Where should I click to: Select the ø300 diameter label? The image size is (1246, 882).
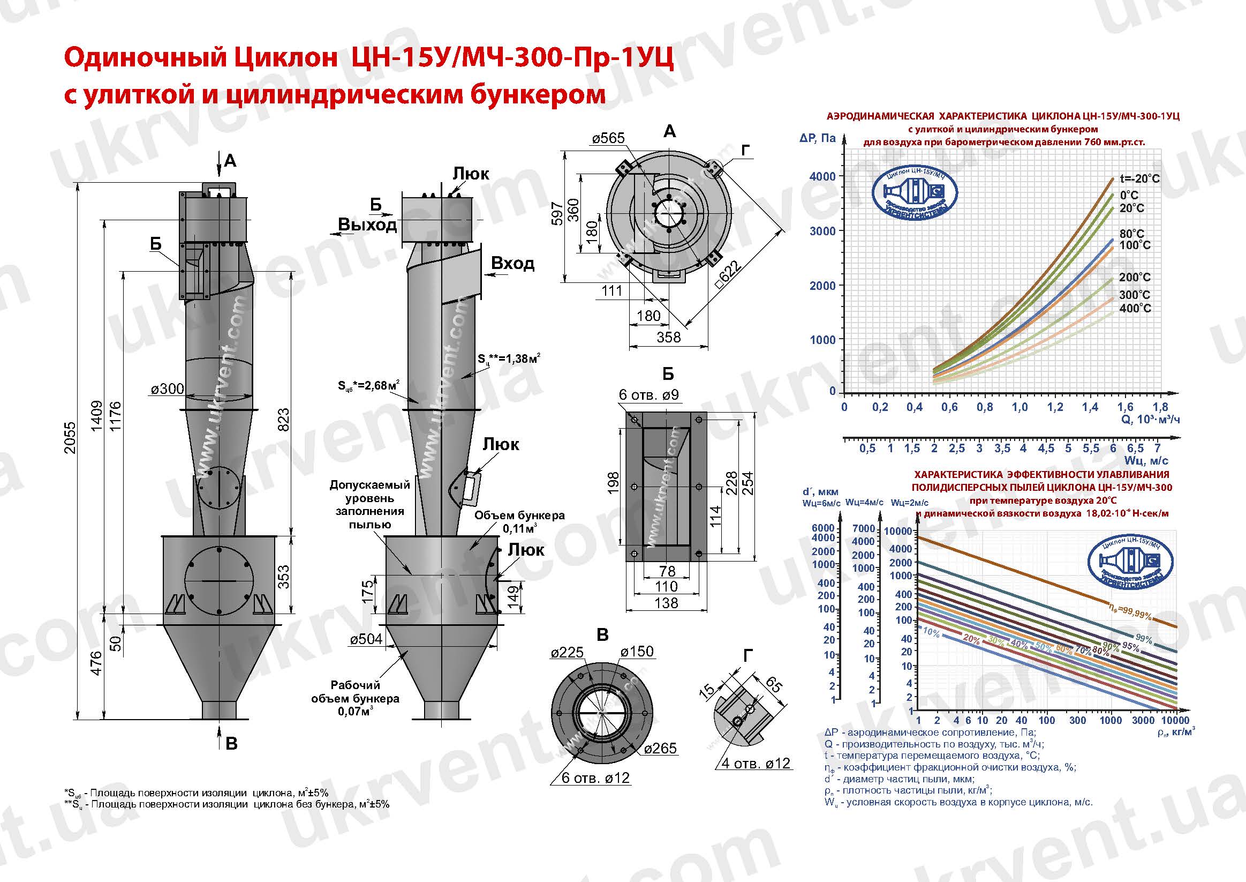click(168, 389)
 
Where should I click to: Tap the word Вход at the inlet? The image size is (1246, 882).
click(512, 264)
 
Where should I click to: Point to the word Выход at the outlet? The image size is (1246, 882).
click(367, 225)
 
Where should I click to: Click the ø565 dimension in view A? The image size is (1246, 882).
click(608, 138)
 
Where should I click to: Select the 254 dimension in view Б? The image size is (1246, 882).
click(747, 483)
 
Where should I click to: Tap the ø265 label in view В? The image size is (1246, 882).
click(660, 749)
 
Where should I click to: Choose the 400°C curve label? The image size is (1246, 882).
click(1135, 308)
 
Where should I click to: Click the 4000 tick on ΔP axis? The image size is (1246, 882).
click(822, 176)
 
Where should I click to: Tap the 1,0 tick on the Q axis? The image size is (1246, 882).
click(1019, 407)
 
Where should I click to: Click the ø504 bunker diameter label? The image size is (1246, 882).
click(366, 639)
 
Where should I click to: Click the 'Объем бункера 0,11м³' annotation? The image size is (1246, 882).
click(519, 521)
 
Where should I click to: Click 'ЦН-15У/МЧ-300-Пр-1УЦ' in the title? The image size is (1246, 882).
click(512, 57)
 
